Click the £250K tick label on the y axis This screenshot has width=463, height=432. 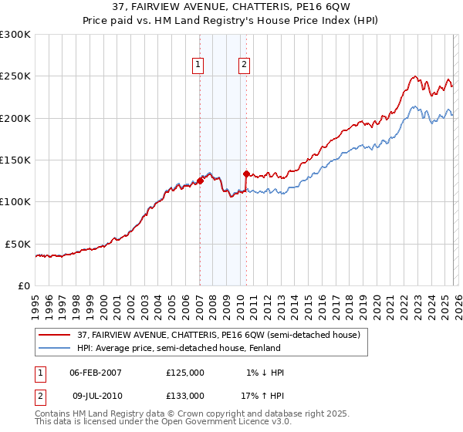pyautogui.click(x=15, y=76)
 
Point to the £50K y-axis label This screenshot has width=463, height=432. pyautogui.click(x=18, y=244)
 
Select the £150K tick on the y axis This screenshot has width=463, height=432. pyautogui.click(x=15, y=160)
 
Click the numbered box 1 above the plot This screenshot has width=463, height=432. pyautogui.click(x=199, y=66)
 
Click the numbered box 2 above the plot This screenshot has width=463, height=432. pyautogui.click(x=244, y=66)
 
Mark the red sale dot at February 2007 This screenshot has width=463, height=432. pyautogui.click(x=200, y=181)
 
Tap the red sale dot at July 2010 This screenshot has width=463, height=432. pyautogui.click(x=246, y=174)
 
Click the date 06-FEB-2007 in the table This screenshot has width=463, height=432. pyautogui.click(x=96, y=373)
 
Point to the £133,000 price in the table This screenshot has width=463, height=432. pyautogui.click(x=185, y=395)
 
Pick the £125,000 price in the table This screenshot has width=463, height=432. pyautogui.click(x=185, y=373)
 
